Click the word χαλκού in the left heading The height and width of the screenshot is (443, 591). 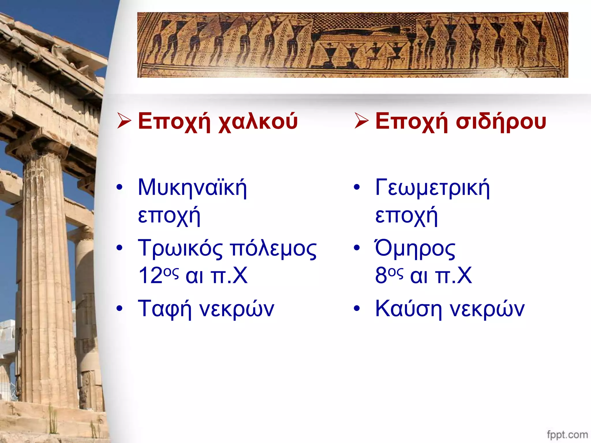tap(258, 122)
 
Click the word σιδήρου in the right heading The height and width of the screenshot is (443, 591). tap(501, 122)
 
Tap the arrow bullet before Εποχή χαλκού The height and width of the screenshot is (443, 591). tap(124, 121)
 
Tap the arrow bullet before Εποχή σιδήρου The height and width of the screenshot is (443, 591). tap(362, 121)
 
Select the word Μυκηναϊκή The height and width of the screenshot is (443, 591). tap(192, 188)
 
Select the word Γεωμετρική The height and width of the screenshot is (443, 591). tap(432, 188)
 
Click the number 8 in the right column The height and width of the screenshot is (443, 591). tap(381, 275)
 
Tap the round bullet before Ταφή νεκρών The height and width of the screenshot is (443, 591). tap(119, 308)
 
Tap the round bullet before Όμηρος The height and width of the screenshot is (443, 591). tap(357, 247)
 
